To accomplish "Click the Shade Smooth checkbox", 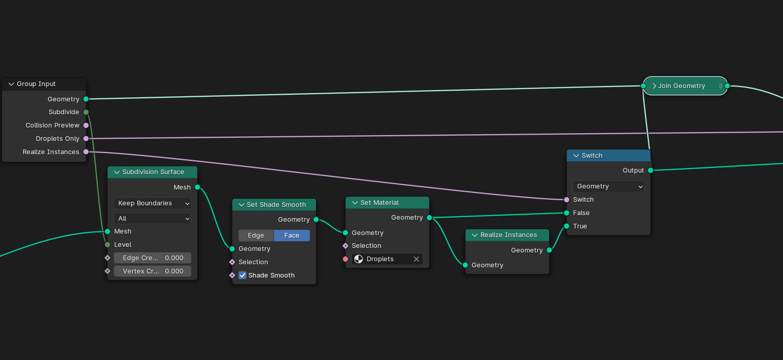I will [x=243, y=276].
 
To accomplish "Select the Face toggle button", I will [x=292, y=236].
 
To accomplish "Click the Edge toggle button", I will [x=256, y=236].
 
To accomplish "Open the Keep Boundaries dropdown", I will [x=152, y=203].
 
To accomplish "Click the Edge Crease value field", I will [x=152, y=258].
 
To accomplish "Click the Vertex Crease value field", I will [x=152, y=271].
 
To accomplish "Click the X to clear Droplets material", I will [x=416, y=259].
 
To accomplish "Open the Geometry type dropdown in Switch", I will [x=608, y=186].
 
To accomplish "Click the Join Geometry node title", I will [x=681, y=86].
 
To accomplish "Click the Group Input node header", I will [x=44, y=84].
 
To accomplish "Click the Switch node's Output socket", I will [x=650, y=171].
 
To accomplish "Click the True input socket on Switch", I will [x=566, y=226].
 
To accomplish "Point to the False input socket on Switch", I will [x=566, y=213].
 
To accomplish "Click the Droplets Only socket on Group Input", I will [x=86, y=139].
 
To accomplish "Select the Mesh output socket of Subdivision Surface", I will [x=197, y=187].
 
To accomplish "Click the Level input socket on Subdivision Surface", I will [x=108, y=245].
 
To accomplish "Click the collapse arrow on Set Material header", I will [x=354, y=203].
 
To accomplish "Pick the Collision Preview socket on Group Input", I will [x=86, y=125].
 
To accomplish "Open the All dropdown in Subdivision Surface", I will [x=152, y=219].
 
